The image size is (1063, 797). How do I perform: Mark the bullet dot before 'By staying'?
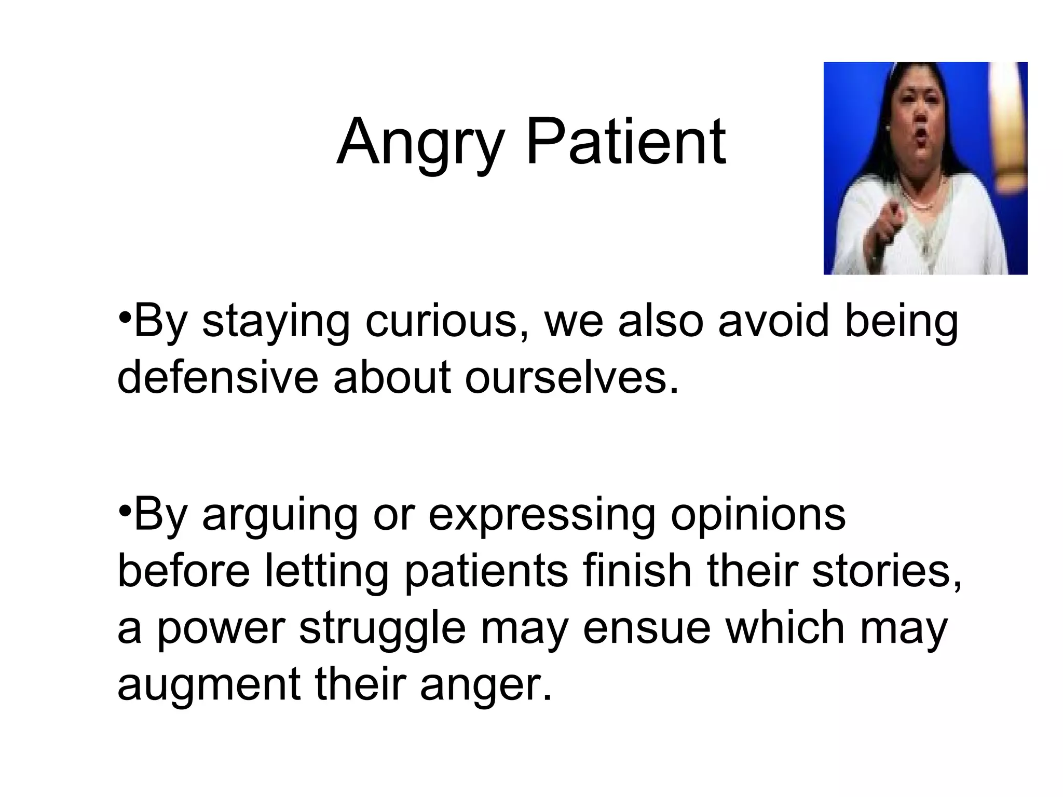pyautogui.click(x=124, y=317)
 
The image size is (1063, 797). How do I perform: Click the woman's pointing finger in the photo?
pyautogui.click(x=894, y=212)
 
